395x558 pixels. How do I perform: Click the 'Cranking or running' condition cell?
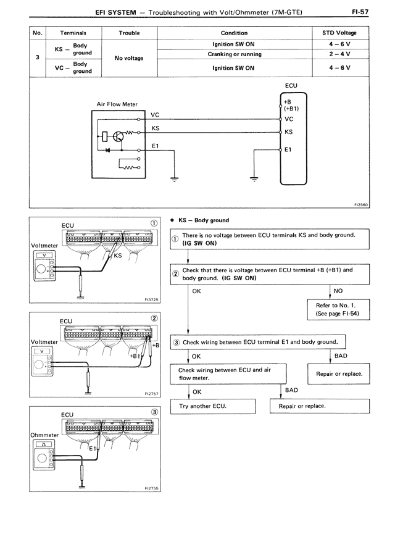234,54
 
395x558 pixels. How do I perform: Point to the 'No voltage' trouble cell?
129,58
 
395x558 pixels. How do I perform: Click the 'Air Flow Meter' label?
117,104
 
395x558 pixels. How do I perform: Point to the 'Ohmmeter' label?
43,435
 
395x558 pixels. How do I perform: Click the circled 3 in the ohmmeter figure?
152,412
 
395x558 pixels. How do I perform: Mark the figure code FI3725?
151,298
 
